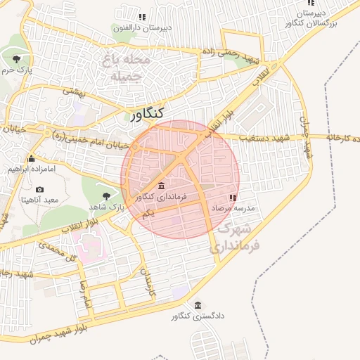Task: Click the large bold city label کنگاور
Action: [x=148, y=112]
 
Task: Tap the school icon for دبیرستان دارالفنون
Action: [x=142, y=16]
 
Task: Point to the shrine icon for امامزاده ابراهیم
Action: [x=31, y=158]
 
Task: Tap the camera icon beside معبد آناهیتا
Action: [x=39, y=189]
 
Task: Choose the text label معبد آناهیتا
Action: [x=39, y=200]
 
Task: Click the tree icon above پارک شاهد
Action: [x=107, y=195]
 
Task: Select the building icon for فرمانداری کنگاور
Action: [x=162, y=186]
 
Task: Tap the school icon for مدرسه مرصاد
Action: [x=233, y=198]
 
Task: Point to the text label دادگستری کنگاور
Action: [x=198, y=316]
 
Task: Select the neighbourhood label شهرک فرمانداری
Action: [x=235, y=238]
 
